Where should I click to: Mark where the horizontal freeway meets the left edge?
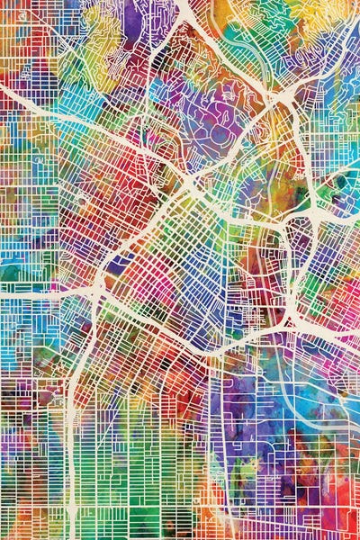[2, 291]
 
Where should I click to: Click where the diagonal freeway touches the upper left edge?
[2, 91]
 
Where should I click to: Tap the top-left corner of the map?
[2, 2]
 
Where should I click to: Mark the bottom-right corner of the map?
[357, 537]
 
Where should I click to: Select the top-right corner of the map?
[357, 2]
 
